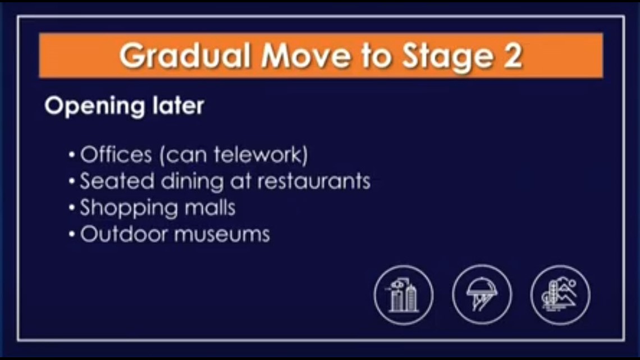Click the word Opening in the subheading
[85, 106]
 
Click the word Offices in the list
[116, 155]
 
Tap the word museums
[222, 234]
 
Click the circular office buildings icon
[404, 295]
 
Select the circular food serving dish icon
[482, 295]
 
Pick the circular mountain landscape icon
[560, 295]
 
